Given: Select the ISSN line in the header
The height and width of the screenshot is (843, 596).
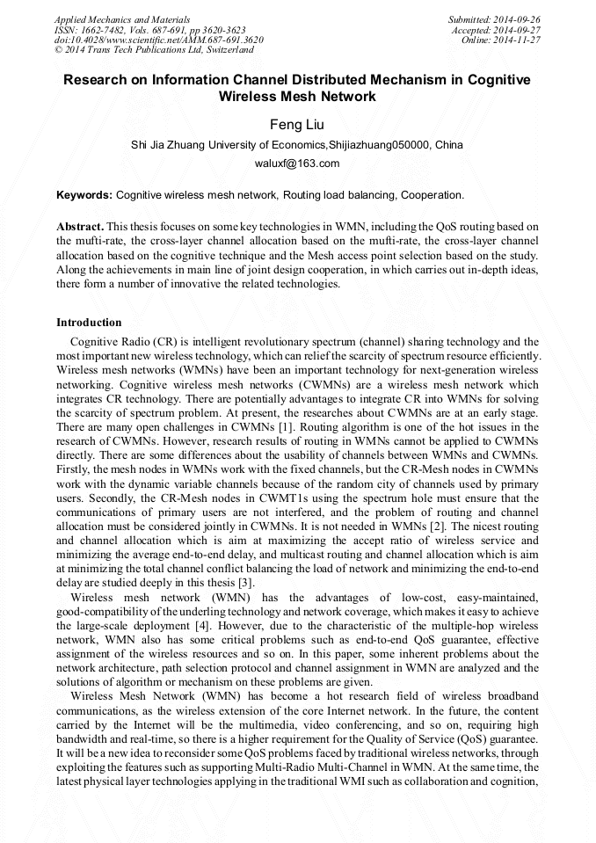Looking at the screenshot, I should (x=149, y=29).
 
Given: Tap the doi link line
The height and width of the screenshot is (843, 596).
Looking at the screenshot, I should (x=158, y=40).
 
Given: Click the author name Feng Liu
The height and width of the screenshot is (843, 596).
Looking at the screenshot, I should (x=297, y=125).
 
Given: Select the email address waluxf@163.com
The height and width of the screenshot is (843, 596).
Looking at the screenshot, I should (x=297, y=164).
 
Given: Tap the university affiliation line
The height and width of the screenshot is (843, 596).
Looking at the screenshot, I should (x=297, y=145).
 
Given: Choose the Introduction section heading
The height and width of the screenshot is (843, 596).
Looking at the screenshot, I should (x=89, y=323).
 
